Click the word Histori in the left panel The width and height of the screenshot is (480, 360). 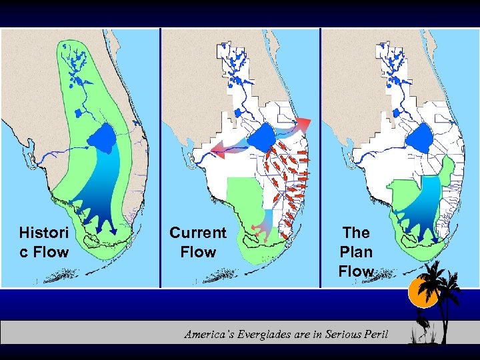tap(43, 233)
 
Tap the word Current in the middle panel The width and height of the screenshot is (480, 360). tap(197, 233)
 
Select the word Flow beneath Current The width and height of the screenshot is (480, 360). tap(198, 252)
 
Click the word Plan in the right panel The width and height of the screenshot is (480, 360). tap(356, 252)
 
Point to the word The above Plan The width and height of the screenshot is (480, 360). tap(356, 233)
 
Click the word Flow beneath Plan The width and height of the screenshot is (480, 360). tap(356, 271)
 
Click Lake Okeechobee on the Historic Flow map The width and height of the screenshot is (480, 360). tap(103, 139)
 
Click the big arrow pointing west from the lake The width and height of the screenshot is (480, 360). tap(227, 149)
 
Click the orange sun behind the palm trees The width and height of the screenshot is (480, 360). tap(423, 291)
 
